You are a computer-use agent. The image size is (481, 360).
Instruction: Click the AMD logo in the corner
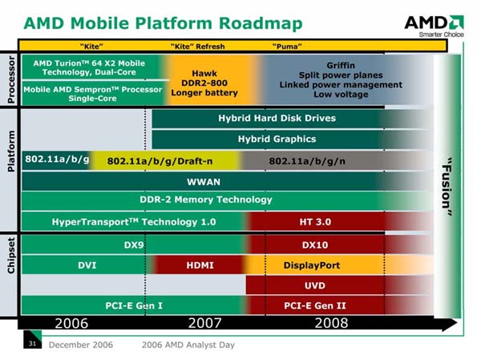pos(434,26)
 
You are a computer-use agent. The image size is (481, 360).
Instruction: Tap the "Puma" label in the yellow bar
pos(287,47)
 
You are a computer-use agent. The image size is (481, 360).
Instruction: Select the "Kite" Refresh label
pos(198,47)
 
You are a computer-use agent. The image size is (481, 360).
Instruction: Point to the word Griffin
pos(341,66)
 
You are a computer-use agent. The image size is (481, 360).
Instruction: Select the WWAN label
pos(204,182)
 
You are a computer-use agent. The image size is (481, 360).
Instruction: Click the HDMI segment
pos(200,265)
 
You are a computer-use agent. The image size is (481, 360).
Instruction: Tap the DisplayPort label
pos(312,265)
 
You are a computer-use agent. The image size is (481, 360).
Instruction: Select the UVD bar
pos(339,285)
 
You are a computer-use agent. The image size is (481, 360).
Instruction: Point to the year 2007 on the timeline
pos(204,323)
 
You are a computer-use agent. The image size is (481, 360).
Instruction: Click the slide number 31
pos(32,343)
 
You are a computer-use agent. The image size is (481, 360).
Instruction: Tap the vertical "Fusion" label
pos(447,187)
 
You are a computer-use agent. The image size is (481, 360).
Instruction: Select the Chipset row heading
pos(10,255)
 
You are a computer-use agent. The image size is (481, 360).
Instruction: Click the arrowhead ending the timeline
pos(450,324)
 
